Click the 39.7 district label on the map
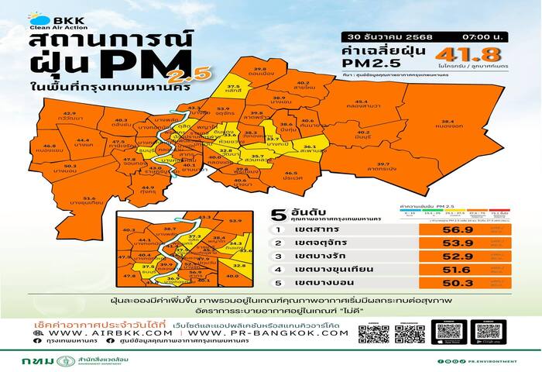coord(382,164)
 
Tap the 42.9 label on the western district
coord(70,114)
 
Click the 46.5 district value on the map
coord(292,174)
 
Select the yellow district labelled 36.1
coord(309,146)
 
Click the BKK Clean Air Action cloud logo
coord(39,19)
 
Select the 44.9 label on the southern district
coord(148,188)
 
